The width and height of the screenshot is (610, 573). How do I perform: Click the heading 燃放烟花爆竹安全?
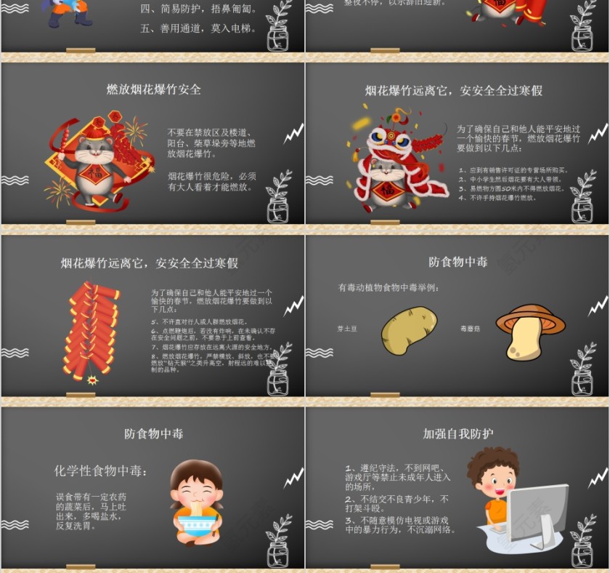tap(153, 89)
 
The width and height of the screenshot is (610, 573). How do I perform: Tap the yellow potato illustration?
tap(409, 330)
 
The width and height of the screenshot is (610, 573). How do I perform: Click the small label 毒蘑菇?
tap(470, 329)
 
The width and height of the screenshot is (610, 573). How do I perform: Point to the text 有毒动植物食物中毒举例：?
tap(389, 288)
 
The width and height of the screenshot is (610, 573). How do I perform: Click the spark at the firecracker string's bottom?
tap(92, 380)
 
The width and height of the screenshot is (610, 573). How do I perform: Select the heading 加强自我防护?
tap(458, 433)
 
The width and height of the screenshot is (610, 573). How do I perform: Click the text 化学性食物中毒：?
tap(101, 471)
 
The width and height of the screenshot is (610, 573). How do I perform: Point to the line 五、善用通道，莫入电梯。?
tap(198, 29)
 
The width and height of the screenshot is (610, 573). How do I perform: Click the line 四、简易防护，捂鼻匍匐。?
tap(198, 9)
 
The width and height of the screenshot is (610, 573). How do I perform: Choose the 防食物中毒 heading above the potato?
tap(458, 262)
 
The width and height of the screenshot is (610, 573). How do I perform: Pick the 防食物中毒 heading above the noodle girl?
tap(153, 433)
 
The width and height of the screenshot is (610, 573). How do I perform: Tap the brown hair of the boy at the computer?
tap(490, 460)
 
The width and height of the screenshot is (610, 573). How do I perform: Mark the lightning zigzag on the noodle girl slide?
tap(293, 478)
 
